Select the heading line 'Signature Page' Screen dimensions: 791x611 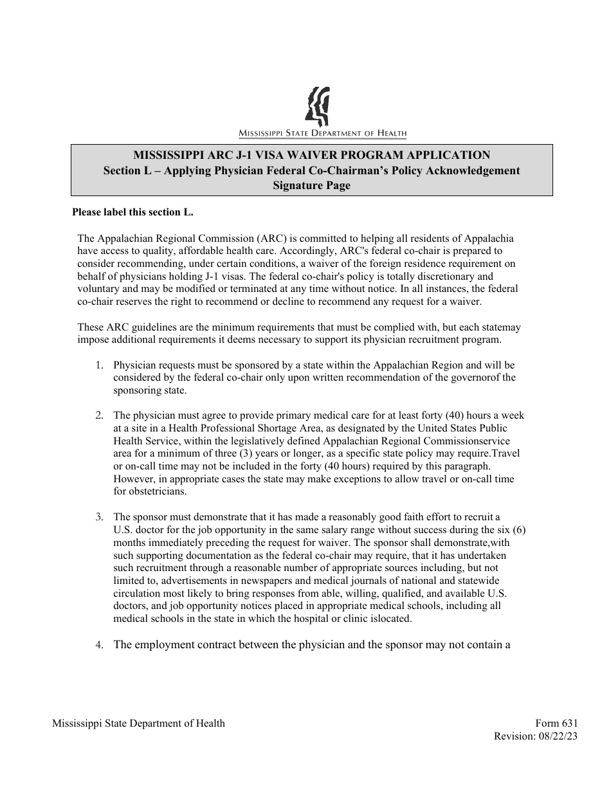pos(312,186)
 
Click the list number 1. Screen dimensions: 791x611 pos(99,365)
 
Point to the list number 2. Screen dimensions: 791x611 pos(99,415)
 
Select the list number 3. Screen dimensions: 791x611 pos(99,517)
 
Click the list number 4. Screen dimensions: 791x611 pos(99,645)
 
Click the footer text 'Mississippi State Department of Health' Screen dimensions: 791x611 pos(138,723)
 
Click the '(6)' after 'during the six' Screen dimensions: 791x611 pos(519,530)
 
